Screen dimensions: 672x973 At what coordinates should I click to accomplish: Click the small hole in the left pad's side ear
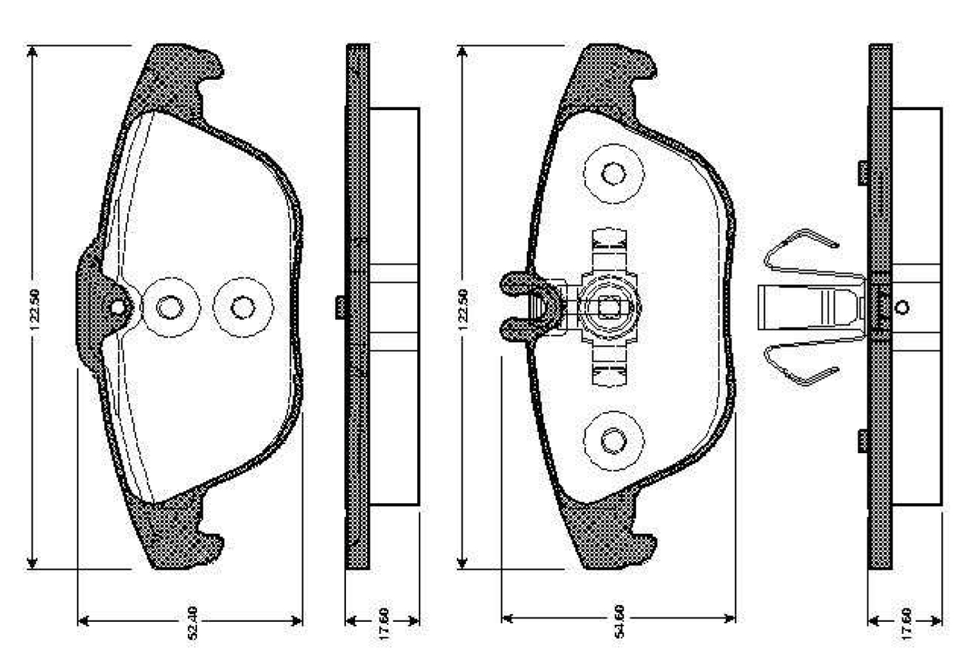click(117, 307)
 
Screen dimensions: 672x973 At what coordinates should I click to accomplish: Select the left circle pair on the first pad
click(170, 307)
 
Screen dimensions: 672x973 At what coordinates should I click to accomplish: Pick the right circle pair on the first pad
click(243, 307)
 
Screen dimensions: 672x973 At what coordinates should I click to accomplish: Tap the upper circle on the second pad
click(613, 173)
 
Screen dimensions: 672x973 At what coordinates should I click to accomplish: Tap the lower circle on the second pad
click(613, 439)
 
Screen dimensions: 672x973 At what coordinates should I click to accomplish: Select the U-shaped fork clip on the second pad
click(525, 306)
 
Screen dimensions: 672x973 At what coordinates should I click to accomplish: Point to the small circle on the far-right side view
click(902, 307)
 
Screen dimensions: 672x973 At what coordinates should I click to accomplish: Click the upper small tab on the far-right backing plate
click(864, 172)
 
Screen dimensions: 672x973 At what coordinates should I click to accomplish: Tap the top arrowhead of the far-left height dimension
click(33, 52)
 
